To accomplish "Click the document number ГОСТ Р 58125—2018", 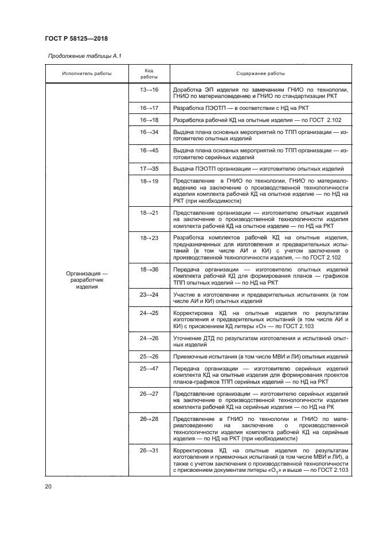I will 76,38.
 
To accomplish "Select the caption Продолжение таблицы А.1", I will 84,56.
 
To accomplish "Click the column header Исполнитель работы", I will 87,73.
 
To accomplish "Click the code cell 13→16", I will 149,90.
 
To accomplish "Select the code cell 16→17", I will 149,108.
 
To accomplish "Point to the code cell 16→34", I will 149,132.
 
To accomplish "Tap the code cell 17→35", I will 149,169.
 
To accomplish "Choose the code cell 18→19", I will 149,181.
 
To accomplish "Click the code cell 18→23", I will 149,237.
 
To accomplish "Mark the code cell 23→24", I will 149,294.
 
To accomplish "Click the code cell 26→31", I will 149,451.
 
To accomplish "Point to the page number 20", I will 48,486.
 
